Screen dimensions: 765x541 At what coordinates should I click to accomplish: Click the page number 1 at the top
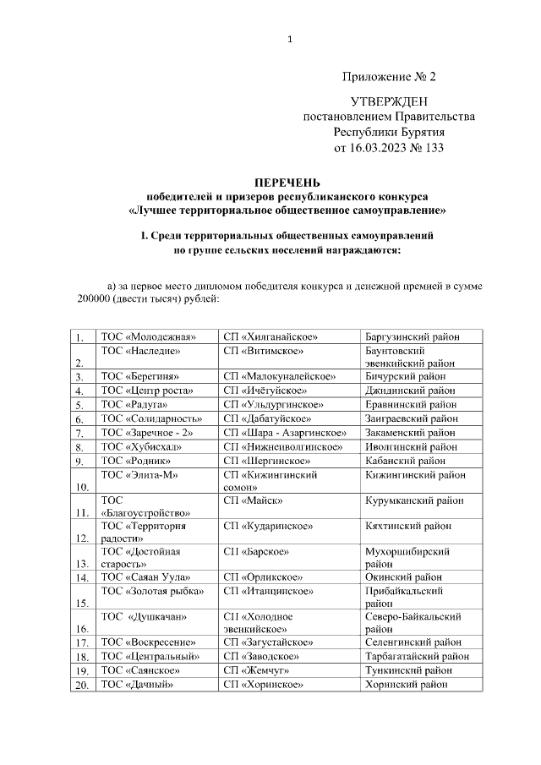point(289,39)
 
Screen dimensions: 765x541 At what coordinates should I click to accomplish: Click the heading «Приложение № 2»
point(389,77)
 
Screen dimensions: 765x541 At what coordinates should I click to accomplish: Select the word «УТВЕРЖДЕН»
point(389,101)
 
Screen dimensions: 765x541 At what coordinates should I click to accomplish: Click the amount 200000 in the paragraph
point(95,300)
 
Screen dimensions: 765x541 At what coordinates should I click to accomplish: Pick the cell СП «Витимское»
point(264,350)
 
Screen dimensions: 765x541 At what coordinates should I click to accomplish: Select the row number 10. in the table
point(83,487)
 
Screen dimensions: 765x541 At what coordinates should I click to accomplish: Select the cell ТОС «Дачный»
point(136,684)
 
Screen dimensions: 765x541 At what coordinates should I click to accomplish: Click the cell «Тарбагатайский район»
point(417,656)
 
